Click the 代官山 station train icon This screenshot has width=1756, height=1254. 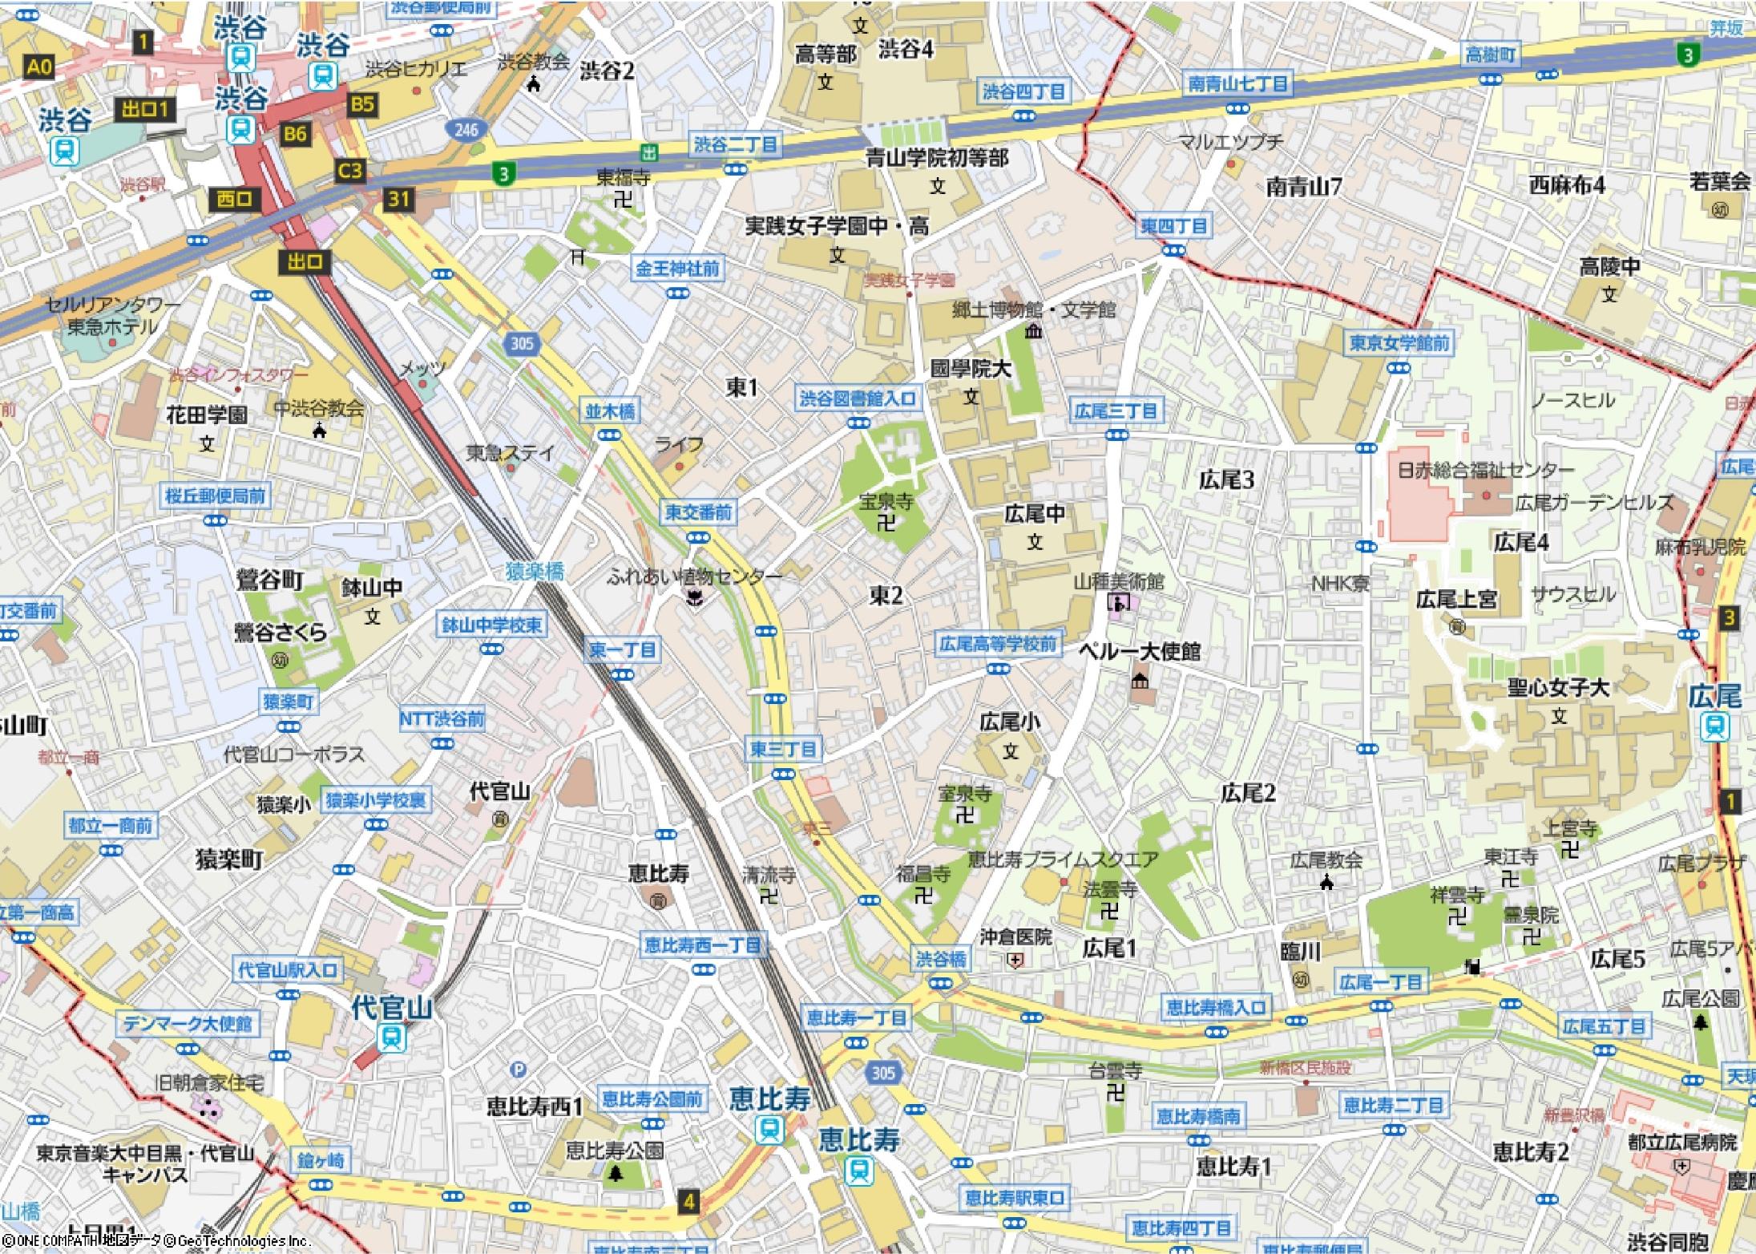[393, 1038]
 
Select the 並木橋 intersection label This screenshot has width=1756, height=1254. [610, 411]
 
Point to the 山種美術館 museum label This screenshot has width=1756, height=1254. [1119, 580]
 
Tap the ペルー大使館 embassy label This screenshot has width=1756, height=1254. [1139, 652]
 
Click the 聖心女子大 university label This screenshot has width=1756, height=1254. [1557, 688]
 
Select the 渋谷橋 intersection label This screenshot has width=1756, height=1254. [943, 959]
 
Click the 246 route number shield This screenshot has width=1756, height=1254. [466, 130]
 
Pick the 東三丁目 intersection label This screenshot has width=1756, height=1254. [783, 750]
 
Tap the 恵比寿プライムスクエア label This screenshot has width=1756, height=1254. [1063, 860]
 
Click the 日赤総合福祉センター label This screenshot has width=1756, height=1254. [1485, 470]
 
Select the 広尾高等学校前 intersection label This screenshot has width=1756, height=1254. [998, 644]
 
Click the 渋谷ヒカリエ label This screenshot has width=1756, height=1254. [415, 69]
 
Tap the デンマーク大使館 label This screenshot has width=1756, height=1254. [188, 1024]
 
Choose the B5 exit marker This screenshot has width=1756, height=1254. [362, 103]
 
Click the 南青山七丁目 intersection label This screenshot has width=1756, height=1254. [1237, 84]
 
